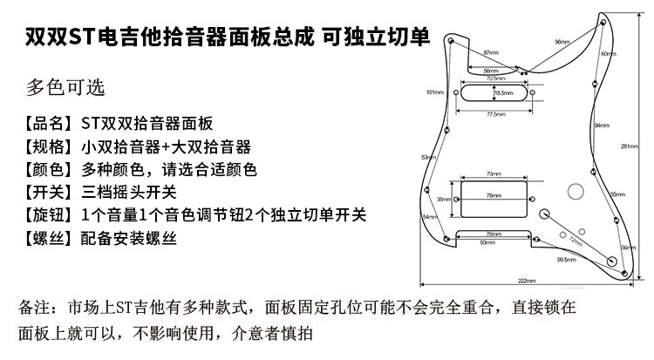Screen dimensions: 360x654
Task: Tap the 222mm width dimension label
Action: point(525,280)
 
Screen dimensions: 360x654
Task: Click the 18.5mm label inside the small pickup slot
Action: point(502,92)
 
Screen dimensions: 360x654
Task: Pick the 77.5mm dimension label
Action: point(496,114)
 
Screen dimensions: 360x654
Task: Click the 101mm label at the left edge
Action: point(434,92)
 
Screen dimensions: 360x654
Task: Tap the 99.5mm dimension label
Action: point(566,259)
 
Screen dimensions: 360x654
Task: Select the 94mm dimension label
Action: point(602,126)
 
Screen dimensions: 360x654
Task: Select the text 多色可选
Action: point(65,88)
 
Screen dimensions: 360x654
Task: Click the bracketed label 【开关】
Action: point(50,192)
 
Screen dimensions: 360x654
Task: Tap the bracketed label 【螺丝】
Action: point(50,237)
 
